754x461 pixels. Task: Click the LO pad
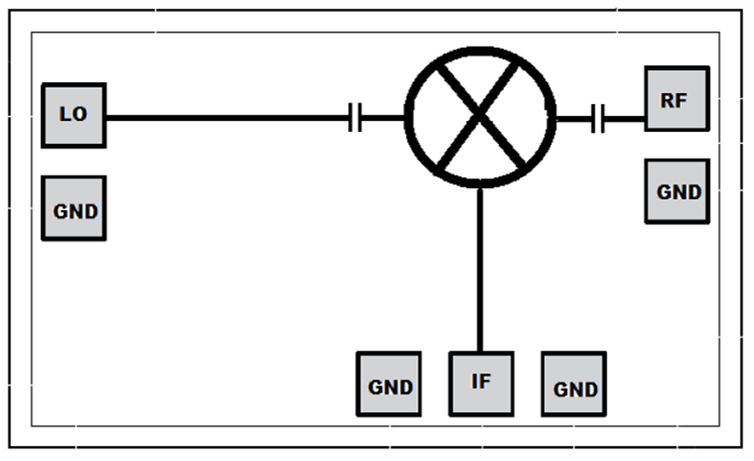pos(74,115)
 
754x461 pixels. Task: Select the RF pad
pos(677,99)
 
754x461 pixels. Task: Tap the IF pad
pos(482,384)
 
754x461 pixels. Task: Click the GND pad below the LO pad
pos(74,208)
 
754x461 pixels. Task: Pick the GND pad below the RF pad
pos(677,192)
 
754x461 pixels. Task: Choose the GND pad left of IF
pos(389,384)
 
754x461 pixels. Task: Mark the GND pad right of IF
pos(574,384)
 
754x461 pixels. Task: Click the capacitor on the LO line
pos(355,117)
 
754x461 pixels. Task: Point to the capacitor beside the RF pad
pos(598,118)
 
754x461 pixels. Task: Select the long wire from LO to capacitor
pos(227,117)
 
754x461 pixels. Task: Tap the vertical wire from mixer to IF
pos(480,270)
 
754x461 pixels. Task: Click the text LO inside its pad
pos(73,114)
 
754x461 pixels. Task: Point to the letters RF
pos(673,100)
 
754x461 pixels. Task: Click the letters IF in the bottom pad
pos(481,382)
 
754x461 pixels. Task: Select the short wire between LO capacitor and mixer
pos(383,117)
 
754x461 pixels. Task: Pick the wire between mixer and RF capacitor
pos(574,118)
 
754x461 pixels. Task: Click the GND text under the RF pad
pos(679,193)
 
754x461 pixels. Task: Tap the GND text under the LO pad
pos(76,212)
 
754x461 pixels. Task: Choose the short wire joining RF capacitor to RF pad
pos(624,118)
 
